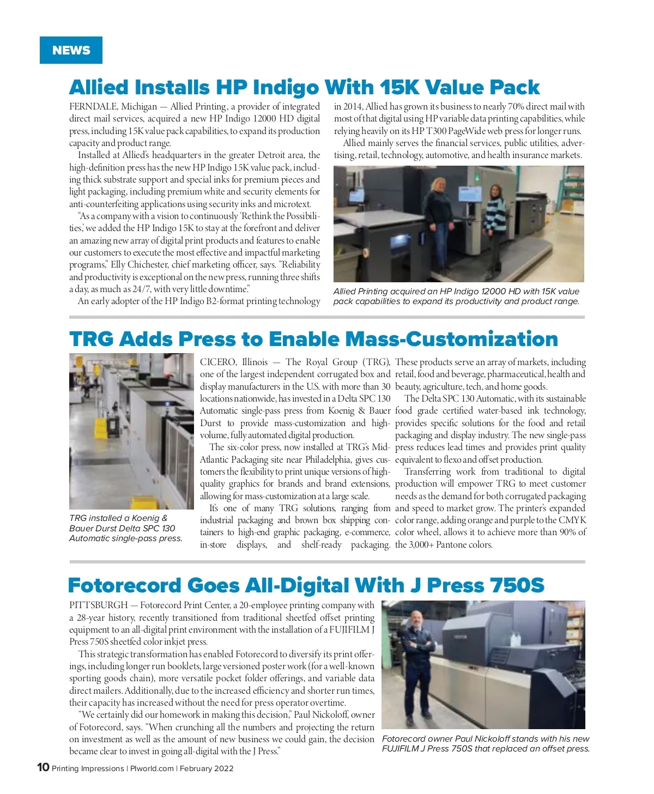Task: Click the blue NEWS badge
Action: [71, 50]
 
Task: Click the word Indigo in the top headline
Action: [286, 87]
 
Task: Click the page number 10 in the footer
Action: [43, 767]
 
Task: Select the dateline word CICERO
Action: [219, 362]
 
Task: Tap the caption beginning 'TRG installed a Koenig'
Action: [125, 528]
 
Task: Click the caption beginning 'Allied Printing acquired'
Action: [456, 296]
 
